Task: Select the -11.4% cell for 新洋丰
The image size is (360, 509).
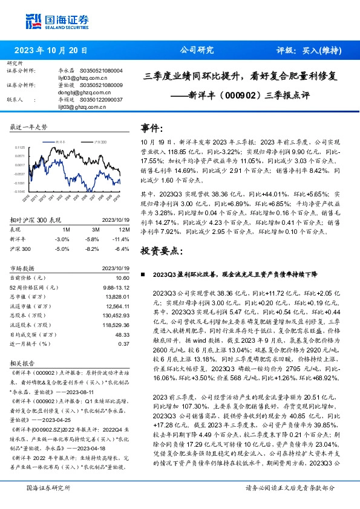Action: click(x=122, y=239)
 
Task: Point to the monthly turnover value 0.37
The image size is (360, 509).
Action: click(x=125, y=343)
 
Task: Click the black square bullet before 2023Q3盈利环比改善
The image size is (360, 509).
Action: click(x=143, y=274)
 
